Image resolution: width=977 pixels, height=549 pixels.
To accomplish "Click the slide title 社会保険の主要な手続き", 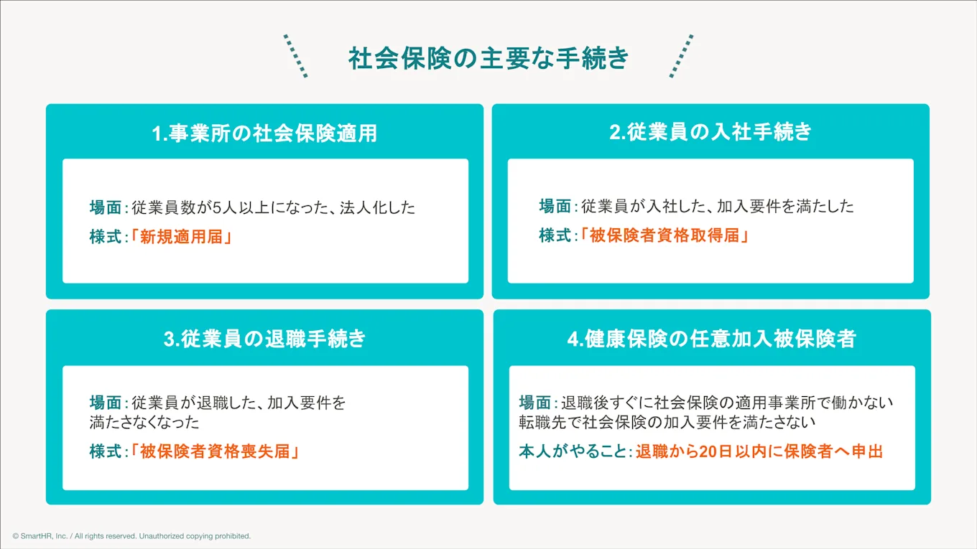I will pyautogui.click(x=488, y=59).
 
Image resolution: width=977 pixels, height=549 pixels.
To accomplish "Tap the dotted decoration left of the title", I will pyautogui.click(x=295, y=55).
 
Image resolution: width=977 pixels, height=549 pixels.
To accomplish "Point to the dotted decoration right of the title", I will pyautogui.click(x=681, y=55).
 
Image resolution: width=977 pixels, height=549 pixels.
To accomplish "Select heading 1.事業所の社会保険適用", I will pyautogui.click(x=264, y=133).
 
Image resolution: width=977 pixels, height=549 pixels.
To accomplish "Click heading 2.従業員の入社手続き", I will pyautogui.click(x=710, y=132).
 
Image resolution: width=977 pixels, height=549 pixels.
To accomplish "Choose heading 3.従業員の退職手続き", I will pyautogui.click(x=264, y=339).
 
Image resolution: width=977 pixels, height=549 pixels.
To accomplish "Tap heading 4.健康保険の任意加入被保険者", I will pyautogui.click(x=711, y=339).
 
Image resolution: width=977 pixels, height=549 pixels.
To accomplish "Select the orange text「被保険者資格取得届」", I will pyautogui.click(x=665, y=235).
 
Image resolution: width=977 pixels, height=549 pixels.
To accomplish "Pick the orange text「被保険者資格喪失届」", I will pyautogui.click(x=215, y=451).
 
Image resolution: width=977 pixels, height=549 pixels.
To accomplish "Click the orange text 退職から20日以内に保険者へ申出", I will pyautogui.click(x=759, y=451).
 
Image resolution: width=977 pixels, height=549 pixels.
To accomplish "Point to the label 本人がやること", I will pyautogui.click(x=573, y=451).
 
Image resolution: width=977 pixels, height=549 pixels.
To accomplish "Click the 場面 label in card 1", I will pyautogui.click(x=105, y=207).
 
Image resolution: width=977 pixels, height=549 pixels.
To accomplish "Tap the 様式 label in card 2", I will pyautogui.click(x=555, y=235).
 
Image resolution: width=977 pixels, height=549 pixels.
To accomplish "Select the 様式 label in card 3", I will pyautogui.click(x=105, y=451).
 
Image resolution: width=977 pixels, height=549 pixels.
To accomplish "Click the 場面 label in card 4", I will pyautogui.click(x=535, y=402).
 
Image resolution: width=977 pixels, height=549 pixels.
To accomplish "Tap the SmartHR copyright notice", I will pyautogui.click(x=131, y=536).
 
